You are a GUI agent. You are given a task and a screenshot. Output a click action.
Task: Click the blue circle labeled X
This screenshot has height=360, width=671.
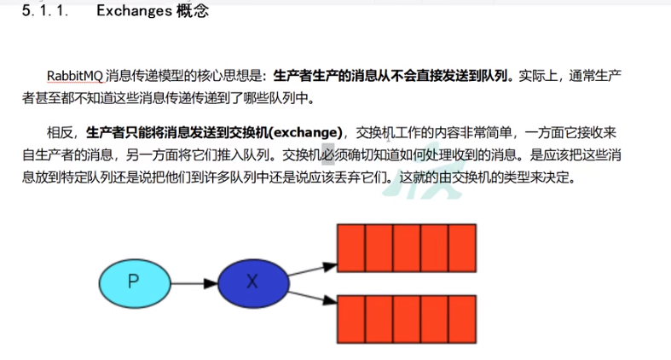click(x=252, y=282)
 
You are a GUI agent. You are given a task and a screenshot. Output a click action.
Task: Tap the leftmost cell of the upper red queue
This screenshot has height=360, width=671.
click(x=350, y=247)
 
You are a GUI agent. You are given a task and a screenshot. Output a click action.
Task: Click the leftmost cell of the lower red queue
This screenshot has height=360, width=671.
click(x=350, y=318)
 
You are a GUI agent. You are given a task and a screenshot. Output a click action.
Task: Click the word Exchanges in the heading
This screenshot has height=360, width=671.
click(x=137, y=12)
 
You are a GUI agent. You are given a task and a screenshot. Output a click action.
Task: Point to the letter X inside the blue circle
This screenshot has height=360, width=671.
click(x=252, y=282)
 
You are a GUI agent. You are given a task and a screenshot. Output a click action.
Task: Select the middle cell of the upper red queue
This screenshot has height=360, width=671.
click(x=406, y=247)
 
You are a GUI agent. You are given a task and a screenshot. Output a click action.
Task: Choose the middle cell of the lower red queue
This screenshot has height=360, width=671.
click(x=406, y=318)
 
